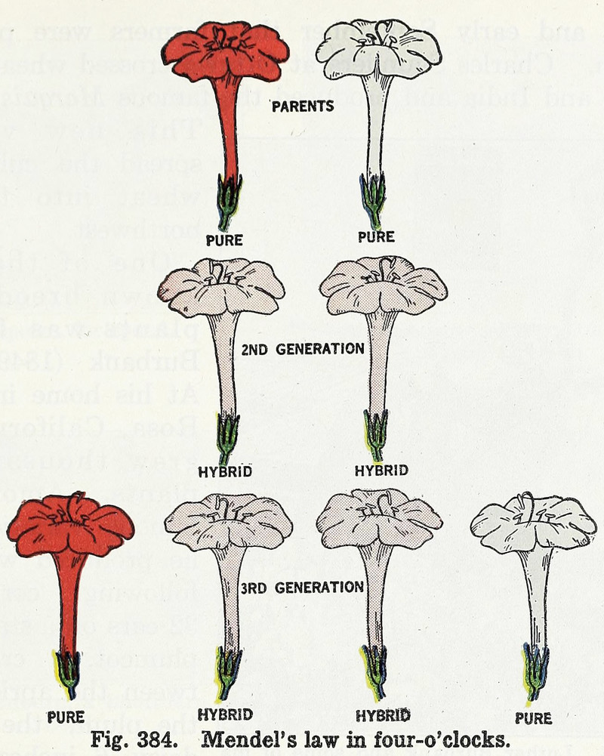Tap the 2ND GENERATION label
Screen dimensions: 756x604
point(304,349)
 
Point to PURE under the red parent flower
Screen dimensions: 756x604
point(223,240)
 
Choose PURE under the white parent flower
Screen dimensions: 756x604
point(376,237)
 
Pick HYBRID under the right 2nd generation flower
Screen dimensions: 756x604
point(381,471)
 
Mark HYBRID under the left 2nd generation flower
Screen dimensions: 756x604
point(224,473)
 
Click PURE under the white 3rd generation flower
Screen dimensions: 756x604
point(534,717)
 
